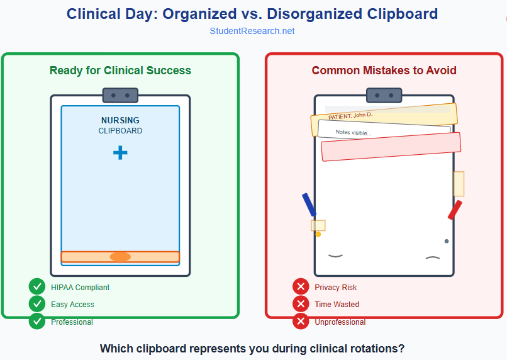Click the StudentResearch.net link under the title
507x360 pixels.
252,31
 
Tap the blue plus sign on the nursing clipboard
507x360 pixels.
120,152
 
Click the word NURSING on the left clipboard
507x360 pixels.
120,120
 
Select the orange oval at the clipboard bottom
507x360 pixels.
120,257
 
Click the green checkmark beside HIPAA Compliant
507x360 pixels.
37,287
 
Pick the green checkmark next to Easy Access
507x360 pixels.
37,304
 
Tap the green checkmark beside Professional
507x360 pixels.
37,322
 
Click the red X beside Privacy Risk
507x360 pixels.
301,287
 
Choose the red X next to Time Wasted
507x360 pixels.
301,304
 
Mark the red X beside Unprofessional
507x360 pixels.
301,322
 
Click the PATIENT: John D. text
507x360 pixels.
350,115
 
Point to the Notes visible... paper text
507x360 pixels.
354,132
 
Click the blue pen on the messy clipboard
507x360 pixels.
309,205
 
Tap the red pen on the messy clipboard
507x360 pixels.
455,210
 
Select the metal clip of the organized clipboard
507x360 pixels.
120,96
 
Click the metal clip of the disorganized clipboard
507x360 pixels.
384,96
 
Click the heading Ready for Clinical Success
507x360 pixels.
120,70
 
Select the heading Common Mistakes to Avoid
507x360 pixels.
384,70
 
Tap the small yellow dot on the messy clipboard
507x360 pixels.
318,234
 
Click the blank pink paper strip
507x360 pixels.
391,147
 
